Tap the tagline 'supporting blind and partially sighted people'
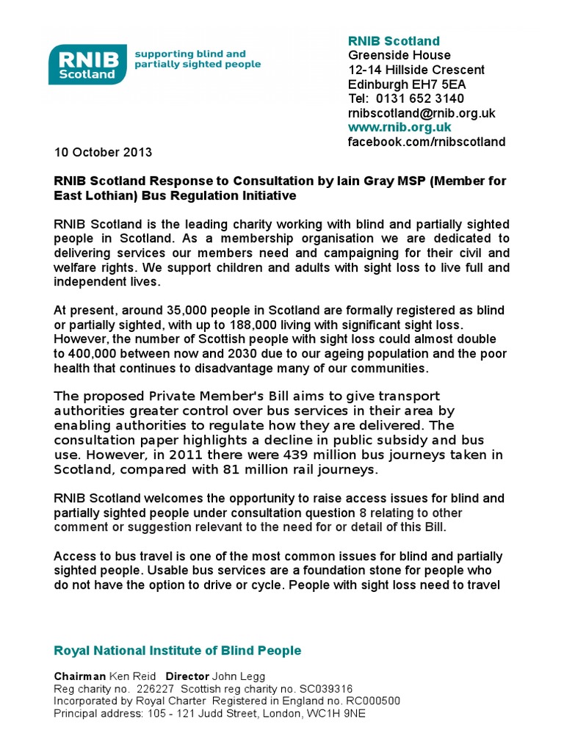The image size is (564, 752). tap(197, 59)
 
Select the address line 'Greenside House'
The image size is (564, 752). tap(399, 56)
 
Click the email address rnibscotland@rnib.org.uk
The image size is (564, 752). tap(422, 113)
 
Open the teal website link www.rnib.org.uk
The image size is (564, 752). tap(399, 127)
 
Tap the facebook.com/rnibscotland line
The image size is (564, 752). tap(426, 142)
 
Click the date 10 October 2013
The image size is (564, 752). tap(104, 153)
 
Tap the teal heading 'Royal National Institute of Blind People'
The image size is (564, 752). tap(178, 651)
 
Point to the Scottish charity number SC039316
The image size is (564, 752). tap(323, 689)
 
